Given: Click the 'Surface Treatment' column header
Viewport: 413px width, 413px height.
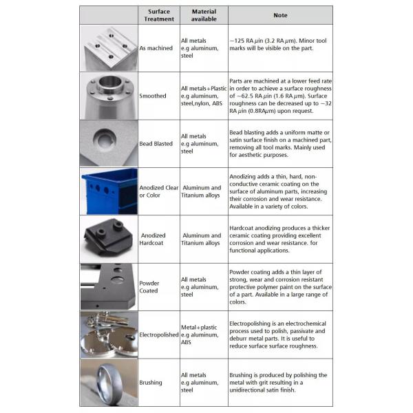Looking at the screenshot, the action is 159,15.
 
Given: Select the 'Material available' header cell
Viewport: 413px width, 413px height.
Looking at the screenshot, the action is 204,15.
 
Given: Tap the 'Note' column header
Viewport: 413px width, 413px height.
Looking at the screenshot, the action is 280,15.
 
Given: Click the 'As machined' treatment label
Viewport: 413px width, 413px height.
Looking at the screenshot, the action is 156,48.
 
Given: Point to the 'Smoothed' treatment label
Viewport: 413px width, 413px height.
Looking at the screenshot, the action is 153,96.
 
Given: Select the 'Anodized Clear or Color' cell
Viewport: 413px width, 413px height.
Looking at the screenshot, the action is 158,191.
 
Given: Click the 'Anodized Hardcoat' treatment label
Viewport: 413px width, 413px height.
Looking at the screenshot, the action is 153,239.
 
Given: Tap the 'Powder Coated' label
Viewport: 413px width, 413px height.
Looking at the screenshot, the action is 149,287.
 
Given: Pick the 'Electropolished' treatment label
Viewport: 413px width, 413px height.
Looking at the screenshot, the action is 159,335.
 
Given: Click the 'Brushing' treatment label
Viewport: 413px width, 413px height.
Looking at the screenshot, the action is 151,383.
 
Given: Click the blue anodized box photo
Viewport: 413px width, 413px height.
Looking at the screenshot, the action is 109,191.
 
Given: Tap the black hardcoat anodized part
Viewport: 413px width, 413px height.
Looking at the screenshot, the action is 109,237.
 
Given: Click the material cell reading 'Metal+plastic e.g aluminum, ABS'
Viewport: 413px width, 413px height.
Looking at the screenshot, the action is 200,335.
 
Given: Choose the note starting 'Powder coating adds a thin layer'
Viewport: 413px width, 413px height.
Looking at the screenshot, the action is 280,287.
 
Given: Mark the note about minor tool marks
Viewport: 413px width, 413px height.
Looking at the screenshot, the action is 277,45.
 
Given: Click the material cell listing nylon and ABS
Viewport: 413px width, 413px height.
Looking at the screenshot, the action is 204,96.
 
